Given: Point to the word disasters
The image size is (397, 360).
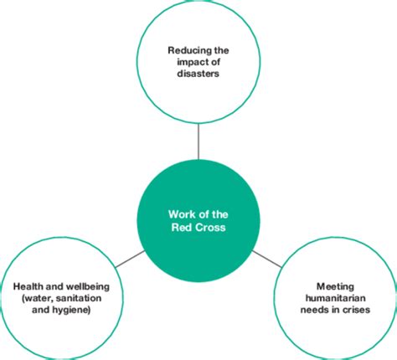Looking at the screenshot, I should (198, 73).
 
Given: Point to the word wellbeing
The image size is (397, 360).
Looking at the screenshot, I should (87, 286).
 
